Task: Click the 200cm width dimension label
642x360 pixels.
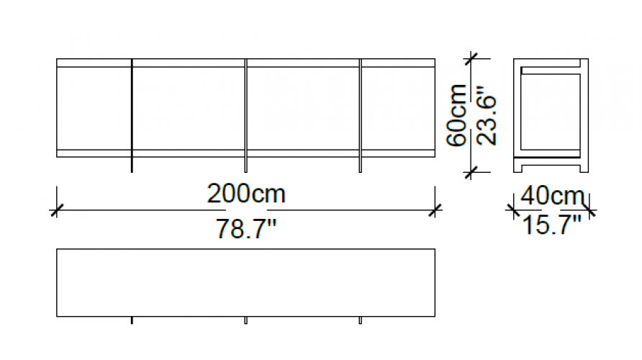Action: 246,194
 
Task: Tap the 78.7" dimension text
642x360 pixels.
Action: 246,229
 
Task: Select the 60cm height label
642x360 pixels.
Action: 456,115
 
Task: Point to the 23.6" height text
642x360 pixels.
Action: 487,115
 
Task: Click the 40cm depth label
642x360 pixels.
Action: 552,196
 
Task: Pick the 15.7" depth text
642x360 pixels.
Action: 552,225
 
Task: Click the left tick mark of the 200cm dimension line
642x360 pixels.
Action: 57,210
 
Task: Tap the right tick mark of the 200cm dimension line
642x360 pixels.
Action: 435,210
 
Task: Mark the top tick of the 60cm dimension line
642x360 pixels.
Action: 471,58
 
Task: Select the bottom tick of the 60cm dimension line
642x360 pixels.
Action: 471,172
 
